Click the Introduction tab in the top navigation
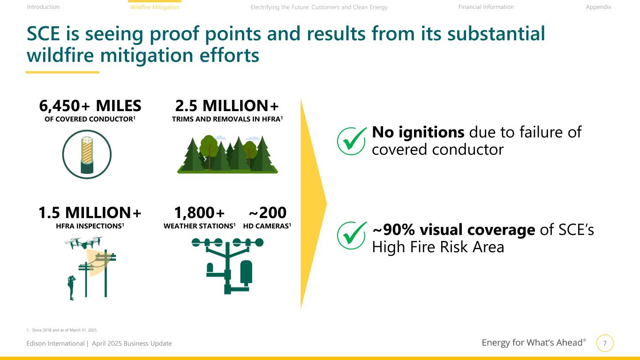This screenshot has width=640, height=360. click(43, 7)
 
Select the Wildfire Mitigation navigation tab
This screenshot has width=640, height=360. click(155, 7)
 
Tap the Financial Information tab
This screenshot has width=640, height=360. click(486, 7)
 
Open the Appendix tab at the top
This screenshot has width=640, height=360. click(598, 7)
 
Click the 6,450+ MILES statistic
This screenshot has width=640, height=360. click(90, 106)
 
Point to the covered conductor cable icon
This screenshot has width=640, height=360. click(87, 155)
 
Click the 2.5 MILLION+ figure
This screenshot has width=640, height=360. click(227, 106)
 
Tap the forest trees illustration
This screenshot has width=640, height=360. click(227, 154)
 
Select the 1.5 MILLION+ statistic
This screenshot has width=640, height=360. click(90, 212)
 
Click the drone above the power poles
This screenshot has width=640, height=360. click(84, 242)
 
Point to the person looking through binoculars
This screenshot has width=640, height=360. click(71, 287)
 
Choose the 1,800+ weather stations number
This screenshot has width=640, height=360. click(199, 212)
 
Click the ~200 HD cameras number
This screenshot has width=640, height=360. click(267, 212)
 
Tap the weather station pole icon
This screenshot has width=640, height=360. click(227, 266)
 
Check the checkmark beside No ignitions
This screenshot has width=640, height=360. click(352, 141)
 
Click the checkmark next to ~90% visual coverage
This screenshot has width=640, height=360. click(352, 235)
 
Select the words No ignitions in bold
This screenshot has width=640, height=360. click(418, 132)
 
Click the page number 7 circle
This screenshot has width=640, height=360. click(605, 343)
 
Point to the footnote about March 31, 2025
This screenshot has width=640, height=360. click(62, 330)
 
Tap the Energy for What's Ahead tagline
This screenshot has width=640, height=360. click(534, 342)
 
